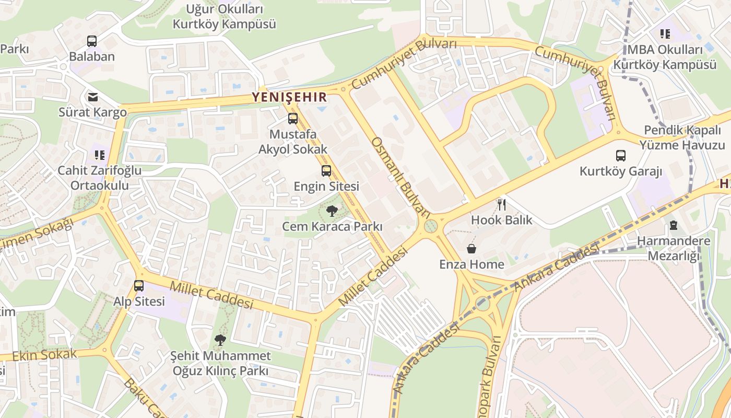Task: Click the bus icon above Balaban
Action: point(92,41)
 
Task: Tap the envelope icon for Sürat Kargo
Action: point(93,97)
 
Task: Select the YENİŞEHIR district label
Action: point(289,97)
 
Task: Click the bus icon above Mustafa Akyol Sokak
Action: point(293,119)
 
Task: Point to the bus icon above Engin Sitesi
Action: point(326,171)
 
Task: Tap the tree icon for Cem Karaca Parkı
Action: point(332,211)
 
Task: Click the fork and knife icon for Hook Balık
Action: point(502,204)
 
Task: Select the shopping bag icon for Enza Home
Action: point(471,249)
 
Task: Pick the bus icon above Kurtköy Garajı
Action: point(621,155)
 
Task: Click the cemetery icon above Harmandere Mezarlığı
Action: point(674,226)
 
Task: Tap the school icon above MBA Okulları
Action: point(665,34)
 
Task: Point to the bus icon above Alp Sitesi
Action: point(139,286)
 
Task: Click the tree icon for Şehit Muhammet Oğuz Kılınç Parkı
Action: point(220,340)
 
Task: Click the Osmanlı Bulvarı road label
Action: point(400,178)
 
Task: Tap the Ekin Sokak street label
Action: point(44,355)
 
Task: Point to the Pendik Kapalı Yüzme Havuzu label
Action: point(684,137)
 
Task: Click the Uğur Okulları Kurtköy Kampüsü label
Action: point(225,16)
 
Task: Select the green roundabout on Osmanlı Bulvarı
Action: point(431,226)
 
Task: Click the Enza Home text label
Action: point(471,264)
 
